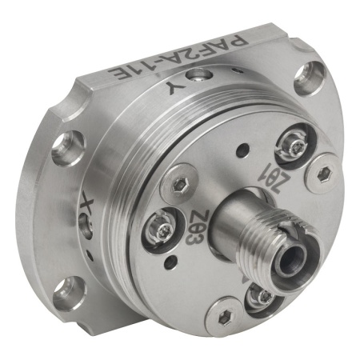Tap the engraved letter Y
[174, 87]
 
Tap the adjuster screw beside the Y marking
[198, 75]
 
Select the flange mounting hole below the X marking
[70, 294]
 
